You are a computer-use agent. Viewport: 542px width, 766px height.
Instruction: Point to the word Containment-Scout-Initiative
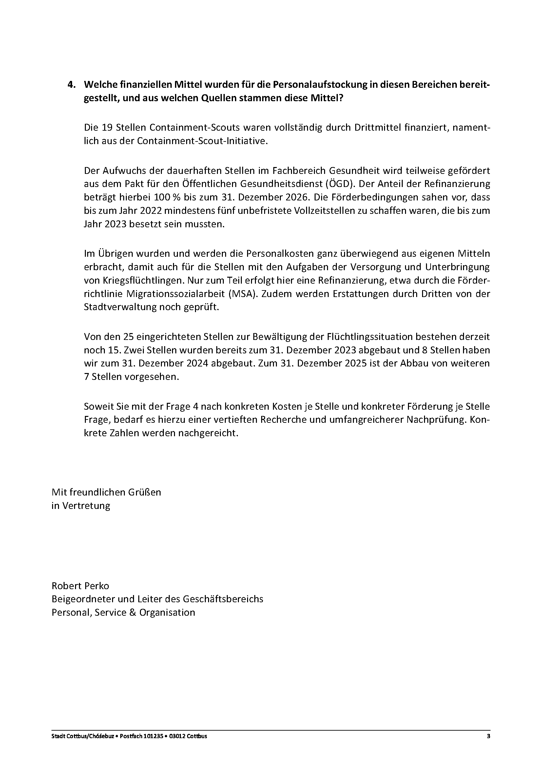(x=201, y=141)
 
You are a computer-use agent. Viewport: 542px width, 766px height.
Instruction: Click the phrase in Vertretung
(x=81, y=506)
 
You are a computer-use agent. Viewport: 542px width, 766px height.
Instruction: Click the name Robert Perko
(x=80, y=586)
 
